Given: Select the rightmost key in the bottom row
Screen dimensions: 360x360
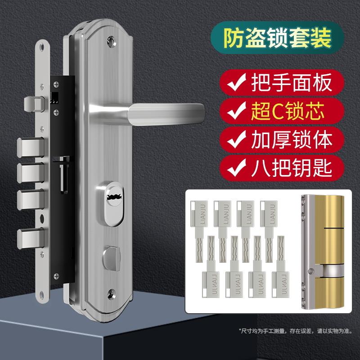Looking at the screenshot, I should tap(279, 270).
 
